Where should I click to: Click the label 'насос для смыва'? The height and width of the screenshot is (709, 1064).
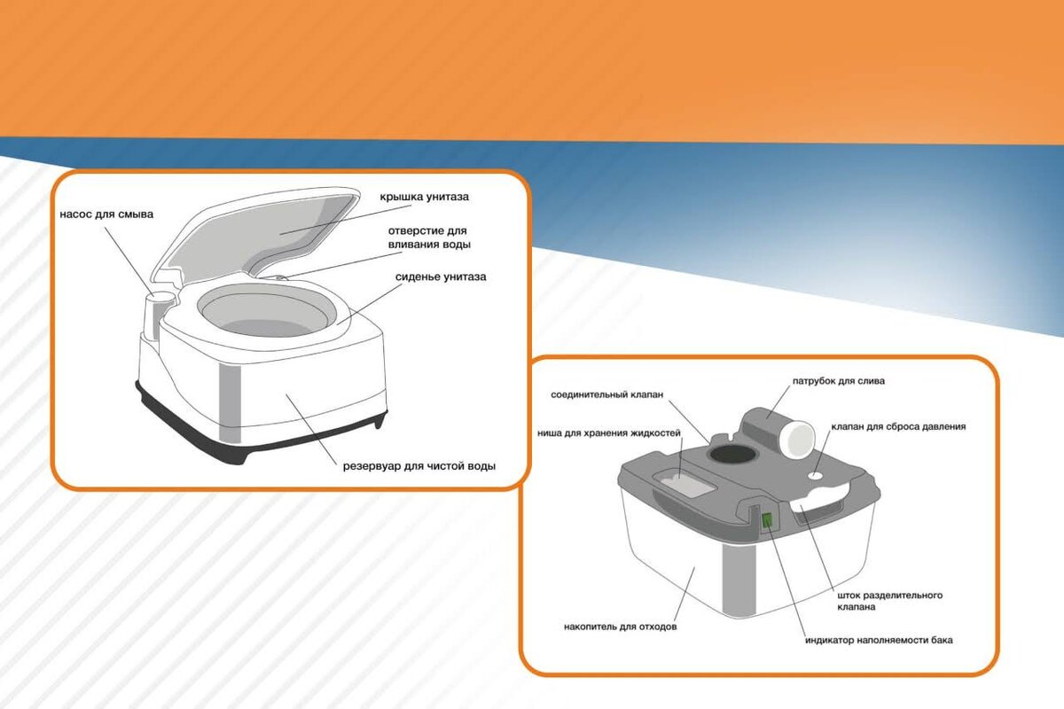coord(106,214)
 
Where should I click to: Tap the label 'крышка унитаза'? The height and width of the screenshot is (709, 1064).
coord(424,197)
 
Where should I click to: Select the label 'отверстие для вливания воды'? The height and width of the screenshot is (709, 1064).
coord(429,238)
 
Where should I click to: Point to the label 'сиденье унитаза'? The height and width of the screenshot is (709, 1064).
coord(441,277)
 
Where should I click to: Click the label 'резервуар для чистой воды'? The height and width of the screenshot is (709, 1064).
coord(419,466)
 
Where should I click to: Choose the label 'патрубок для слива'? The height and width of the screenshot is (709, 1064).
coord(839,381)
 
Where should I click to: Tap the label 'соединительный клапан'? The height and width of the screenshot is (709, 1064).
coord(607,394)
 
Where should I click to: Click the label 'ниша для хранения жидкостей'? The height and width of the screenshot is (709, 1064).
coord(609,433)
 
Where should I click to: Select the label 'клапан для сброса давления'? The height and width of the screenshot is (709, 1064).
coord(898,426)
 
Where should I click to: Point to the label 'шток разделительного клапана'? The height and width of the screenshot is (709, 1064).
coord(889,601)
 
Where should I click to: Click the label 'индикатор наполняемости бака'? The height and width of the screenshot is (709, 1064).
coord(879,640)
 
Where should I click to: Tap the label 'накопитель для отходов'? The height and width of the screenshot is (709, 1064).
coord(621,627)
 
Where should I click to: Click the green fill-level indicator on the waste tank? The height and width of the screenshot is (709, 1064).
coord(767,520)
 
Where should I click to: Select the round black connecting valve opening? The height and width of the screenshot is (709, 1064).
coord(732,455)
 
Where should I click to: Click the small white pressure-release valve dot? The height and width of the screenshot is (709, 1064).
coord(816,474)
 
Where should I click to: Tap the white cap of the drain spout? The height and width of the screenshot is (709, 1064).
coord(799,439)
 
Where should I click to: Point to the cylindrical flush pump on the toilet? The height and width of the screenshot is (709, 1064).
coord(159,316)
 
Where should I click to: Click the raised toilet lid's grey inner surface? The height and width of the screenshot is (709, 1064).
coord(280,230)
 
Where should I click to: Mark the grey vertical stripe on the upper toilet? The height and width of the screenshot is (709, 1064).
coord(230,403)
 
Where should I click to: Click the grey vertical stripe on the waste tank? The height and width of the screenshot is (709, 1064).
coord(739,580)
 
